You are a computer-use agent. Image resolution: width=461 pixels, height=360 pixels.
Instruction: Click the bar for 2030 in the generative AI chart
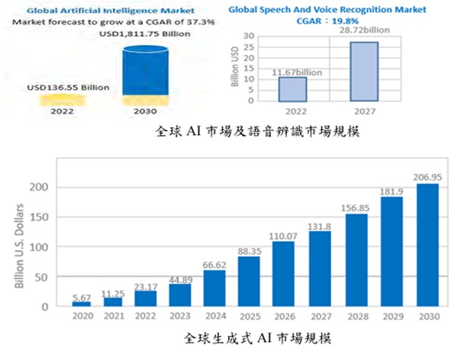pos(427,245)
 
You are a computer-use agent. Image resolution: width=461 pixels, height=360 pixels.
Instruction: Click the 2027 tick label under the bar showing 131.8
pos(321,314)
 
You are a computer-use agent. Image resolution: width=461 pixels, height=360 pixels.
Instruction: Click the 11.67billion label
pos(292,71)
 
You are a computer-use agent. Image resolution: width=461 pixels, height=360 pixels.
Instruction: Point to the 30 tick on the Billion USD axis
pos(248,37)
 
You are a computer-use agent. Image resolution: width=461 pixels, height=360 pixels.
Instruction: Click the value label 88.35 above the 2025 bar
pos(250,250)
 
